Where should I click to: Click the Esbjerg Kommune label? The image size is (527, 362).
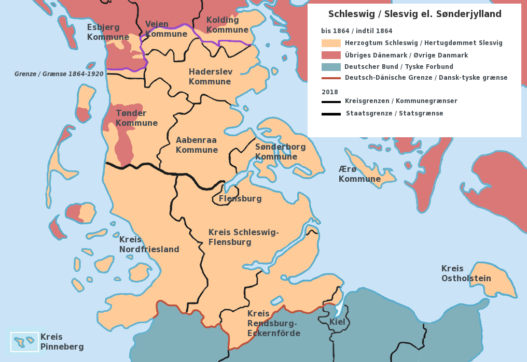[x=108, y=32]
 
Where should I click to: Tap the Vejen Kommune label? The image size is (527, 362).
[x=166, y=29]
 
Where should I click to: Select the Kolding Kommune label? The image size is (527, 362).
[x=227, y=25]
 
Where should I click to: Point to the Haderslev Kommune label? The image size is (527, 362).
[x=210, y=77]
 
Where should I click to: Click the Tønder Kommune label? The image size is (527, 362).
[x=136, y=118]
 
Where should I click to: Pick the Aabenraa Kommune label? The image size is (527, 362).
[x=197, y=145]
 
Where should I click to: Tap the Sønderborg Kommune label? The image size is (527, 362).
[x=280, y=152]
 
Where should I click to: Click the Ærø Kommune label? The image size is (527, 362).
[x=359, y=174]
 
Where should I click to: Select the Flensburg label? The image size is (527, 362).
[x=240, y=198]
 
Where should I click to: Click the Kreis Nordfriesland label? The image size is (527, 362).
[x=149, y=244]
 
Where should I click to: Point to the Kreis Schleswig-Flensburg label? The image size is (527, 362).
[x=243, y=237]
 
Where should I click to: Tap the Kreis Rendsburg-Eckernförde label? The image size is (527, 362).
[x=273, y=323]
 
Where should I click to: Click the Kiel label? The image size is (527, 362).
[x=337, y=322]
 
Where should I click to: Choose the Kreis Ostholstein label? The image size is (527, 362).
[x=466, y=273]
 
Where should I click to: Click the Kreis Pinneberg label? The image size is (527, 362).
[x=62, y=342]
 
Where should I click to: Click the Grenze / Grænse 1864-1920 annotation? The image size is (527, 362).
[x=59, y=74]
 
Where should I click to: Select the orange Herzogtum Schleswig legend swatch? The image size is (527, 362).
[x=331, y=44]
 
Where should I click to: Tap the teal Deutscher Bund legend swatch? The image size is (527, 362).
[x=331, y=67]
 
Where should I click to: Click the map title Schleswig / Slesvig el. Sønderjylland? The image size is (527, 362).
[x=414, y=14]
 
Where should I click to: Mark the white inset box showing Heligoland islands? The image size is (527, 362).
[x=24, y=342]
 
